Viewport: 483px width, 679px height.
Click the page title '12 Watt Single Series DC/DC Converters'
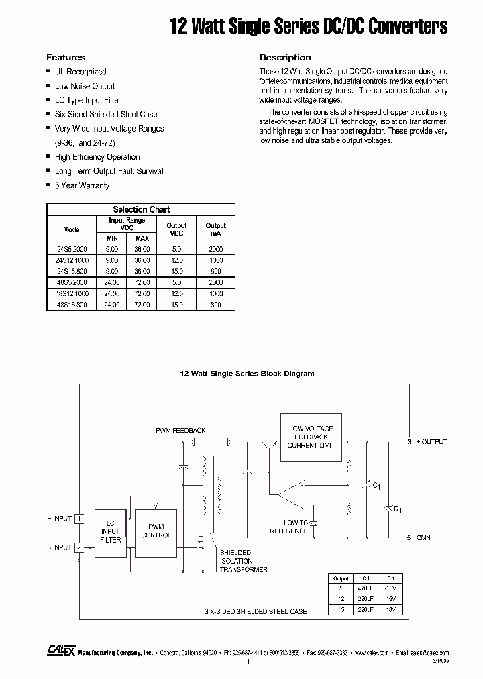point(308,26)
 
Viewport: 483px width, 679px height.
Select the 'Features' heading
point(65,58)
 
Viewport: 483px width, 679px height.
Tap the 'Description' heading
point(284,58)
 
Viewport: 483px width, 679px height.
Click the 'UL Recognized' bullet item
point(80,72)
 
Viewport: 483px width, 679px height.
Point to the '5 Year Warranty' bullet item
point(82,185)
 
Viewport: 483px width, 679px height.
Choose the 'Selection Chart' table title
point(141,209)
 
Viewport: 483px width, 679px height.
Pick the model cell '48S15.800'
point(72,305)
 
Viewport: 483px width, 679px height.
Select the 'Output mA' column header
point(216,229)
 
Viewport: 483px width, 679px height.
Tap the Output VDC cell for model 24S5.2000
point(176,249)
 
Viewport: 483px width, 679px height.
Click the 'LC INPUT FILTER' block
point(111,531)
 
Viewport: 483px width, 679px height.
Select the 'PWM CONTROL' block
point(156,531)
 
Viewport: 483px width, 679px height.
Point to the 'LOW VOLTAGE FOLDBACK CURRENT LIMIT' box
point(311,437)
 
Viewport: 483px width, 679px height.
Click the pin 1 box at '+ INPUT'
point(78,518)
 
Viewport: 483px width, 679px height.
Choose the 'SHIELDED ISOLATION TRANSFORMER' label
point(243,561)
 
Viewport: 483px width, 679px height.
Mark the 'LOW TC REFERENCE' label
point(288,527)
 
